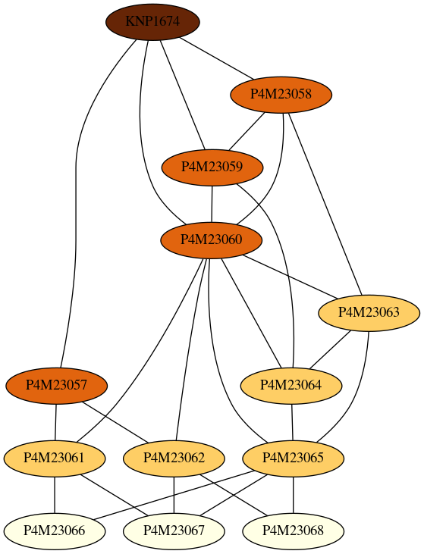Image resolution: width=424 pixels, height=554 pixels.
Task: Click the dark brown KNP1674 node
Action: tap(152, 22)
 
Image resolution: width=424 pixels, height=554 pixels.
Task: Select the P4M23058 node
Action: tap(281, 95)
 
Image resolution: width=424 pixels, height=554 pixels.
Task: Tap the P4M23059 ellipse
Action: tap(212, 167)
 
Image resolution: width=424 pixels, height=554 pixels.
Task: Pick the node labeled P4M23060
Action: tap(212, 240)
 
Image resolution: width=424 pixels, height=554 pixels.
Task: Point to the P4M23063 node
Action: tap(369, 313)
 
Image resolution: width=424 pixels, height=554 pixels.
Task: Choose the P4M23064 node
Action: tap(291, 385)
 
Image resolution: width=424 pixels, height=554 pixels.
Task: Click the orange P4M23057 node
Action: tap(57, 385)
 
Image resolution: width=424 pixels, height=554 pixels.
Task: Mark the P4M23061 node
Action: tap(55, 459)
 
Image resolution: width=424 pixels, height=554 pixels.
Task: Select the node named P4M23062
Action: tap(174, 459)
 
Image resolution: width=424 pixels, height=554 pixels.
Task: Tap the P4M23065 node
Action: tap(293, 459)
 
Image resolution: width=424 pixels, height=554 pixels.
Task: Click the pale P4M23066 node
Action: tap(55, 531)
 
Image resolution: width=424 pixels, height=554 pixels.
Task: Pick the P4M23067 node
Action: tap(174, 531)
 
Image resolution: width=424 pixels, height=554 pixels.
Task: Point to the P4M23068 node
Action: tap(293, 531)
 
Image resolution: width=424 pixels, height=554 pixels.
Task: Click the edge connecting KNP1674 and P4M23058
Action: tap(217, 58)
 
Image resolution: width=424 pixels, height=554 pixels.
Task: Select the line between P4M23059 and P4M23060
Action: tap(212, 204)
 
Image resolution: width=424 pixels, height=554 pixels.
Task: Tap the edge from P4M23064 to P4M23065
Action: tap(292, 422)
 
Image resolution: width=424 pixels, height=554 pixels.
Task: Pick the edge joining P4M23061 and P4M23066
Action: tap(55, 495)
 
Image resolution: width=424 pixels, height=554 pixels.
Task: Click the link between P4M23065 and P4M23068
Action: tap(293, 495)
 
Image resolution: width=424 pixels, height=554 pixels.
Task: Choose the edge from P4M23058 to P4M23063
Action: tap(325, 204)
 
